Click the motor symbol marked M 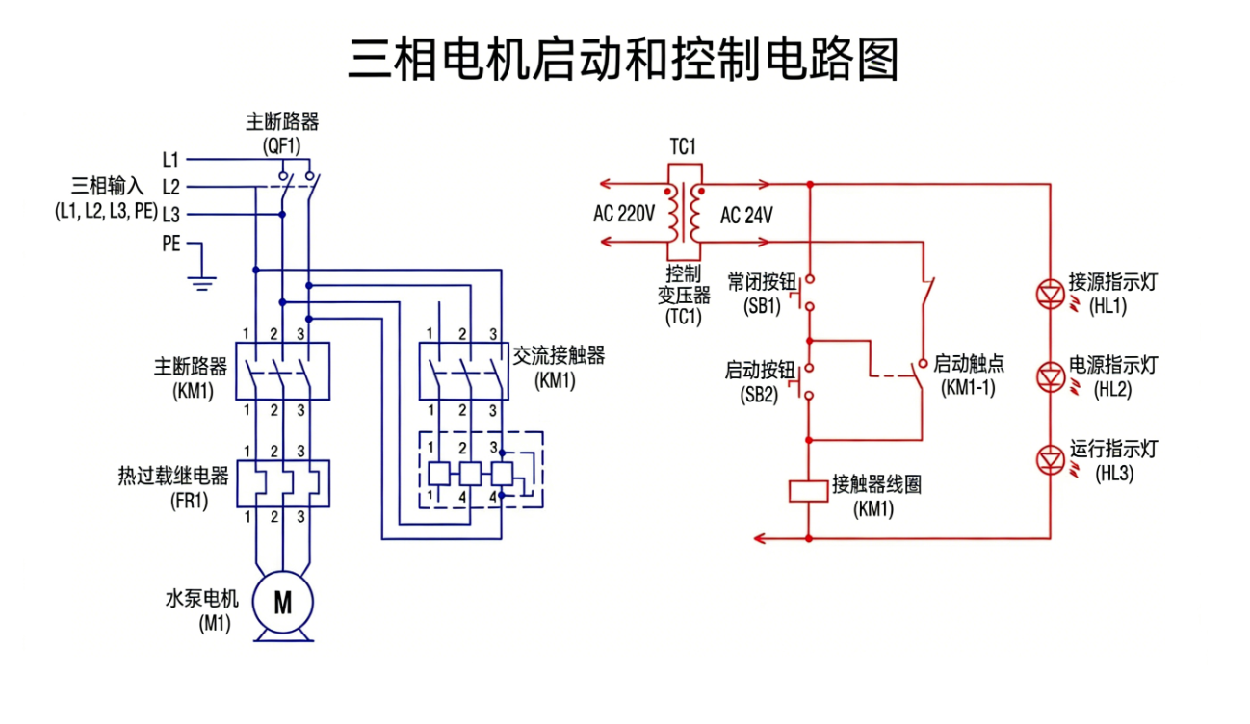pyautogui.click(x=283, y=603)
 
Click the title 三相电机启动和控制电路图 pyautogui.click(x=624, y=60)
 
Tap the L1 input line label pyautogui.click(x=170, y=159)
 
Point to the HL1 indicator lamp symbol pyautogui.click(x=1049, y=292)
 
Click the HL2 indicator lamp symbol pyautogui.click(x=1049, y=376)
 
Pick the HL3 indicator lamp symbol pyautogui.click(x=1049, y=460)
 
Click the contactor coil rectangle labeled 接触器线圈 pyautogui.click(x=809, y=491)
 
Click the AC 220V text pyautogui.click(x=624, y=215)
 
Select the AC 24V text pyautogui.click(x=746, y=216)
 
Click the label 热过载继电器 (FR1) pyautogui.click(x=173, y=486)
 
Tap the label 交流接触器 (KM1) pyautogui.click(x=559, y=367)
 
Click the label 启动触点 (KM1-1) pyautogui.click(x=969, y=375)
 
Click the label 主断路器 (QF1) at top pyautogui.click(x=282, y=133)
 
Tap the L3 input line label pyautogui.click(x=170, y=214)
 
